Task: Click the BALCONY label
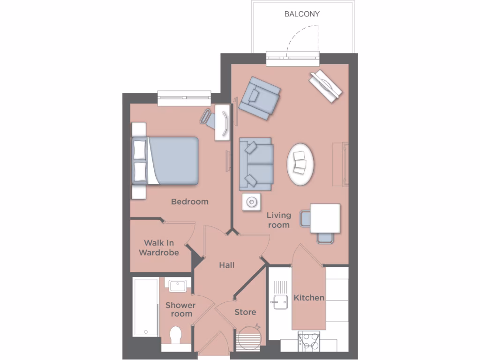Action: pos(302,14)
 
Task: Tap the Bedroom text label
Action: pos(189,202)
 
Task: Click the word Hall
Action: pos(227,265)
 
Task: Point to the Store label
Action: pos(245,312)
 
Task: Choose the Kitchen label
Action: pos(309,298)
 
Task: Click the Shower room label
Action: pos(180,309)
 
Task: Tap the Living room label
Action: pos(279,220)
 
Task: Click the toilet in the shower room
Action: pos(176,335)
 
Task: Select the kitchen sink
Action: pos(279,302)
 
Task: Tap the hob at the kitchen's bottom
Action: pos(309,341)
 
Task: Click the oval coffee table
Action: pos(300,164)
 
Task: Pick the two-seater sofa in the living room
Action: pos(256,164)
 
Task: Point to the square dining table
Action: pos(325,218)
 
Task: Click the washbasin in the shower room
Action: pos(178,285)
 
